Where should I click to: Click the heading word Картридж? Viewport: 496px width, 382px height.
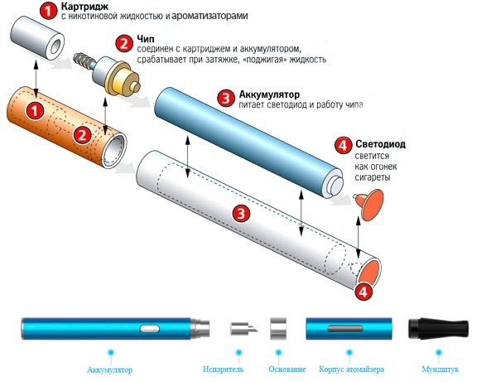[84, 7]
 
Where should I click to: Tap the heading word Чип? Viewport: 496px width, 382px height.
[146, 39]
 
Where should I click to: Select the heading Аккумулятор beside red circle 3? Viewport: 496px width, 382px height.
[269, 94]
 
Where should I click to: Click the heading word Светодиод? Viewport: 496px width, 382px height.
[380, 144]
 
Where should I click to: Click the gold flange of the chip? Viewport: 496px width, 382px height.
[122, 78]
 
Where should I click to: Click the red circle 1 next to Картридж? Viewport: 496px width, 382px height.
[48, 11]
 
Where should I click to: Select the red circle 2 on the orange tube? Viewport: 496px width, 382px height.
[83, 135]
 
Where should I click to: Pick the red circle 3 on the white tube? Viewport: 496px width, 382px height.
[241, 213]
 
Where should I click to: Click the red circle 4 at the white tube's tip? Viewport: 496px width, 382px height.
[364, 291]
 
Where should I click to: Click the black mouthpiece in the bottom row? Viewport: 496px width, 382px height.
[438, 328]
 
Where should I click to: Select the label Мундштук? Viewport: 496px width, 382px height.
[440, 369]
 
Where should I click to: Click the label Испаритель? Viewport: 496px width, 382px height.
[224, 369]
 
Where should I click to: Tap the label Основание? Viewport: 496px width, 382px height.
[287, 369]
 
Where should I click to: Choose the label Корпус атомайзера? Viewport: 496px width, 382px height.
[351, 369]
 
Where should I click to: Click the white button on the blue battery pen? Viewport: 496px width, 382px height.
[150, 328]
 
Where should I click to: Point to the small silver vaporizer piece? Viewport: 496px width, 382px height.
[243, 328]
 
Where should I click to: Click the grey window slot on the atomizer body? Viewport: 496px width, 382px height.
[345, 328]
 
